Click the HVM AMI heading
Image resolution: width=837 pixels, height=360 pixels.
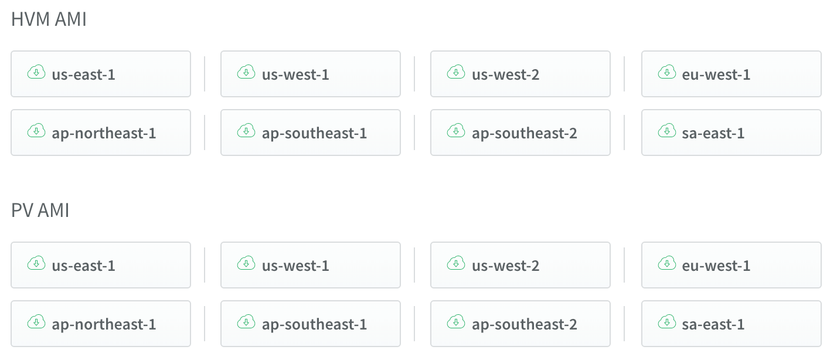pos(49,19)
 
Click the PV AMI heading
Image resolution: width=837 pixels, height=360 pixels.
pos(40,210)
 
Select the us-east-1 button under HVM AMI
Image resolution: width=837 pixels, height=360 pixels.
pos(101,74)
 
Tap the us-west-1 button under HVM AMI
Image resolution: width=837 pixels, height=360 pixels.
pos(311,74)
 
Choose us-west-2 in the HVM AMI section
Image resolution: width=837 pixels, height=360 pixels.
pos(520,74)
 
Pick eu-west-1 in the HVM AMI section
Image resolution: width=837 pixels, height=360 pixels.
pos(731,74)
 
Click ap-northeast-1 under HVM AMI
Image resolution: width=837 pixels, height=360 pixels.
pos(101,133)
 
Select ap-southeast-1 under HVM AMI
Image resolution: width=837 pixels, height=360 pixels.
pos(311,133)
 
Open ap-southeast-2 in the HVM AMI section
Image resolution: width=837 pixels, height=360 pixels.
pos(520,133)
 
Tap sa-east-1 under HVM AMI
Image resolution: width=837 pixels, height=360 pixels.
pos(731,133)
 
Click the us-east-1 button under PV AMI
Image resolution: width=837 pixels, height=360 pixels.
pos(101,265)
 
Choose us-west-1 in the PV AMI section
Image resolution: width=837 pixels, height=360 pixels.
pos(311,265)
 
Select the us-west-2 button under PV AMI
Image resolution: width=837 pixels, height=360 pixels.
pos(520,265)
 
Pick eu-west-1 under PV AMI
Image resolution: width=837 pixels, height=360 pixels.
pos(731,265)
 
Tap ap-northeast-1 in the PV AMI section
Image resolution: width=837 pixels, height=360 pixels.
pos(101,324)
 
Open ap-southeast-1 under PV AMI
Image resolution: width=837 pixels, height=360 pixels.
pos(311,324)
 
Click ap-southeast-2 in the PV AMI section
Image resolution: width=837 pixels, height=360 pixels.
pos(520,324)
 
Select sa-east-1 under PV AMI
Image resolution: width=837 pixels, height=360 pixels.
pos(731,324)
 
